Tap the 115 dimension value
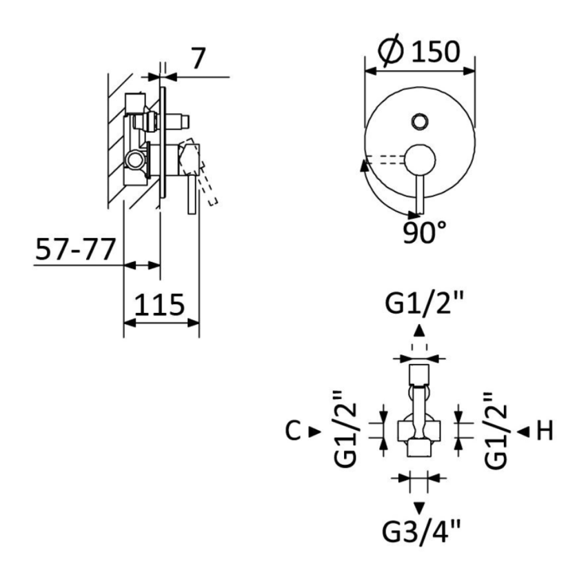[159, 304]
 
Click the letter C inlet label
[292, 432]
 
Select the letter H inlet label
[545, 432]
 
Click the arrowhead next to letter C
[314, 432]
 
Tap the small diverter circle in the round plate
[419, 122]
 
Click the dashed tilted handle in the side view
[208, 189]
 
